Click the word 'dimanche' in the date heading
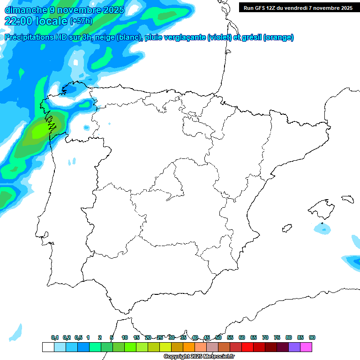(26, 10)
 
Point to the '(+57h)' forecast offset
(81, 21)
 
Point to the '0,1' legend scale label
(54, 337)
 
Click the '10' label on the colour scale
(125, 337)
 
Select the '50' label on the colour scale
(218, 337)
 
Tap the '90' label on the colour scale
(312, 337)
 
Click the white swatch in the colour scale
(48, 347)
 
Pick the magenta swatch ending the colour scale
(306, 347)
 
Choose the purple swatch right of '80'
(294, 347)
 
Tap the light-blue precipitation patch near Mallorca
(322, 229)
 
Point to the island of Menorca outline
(347, 199)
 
